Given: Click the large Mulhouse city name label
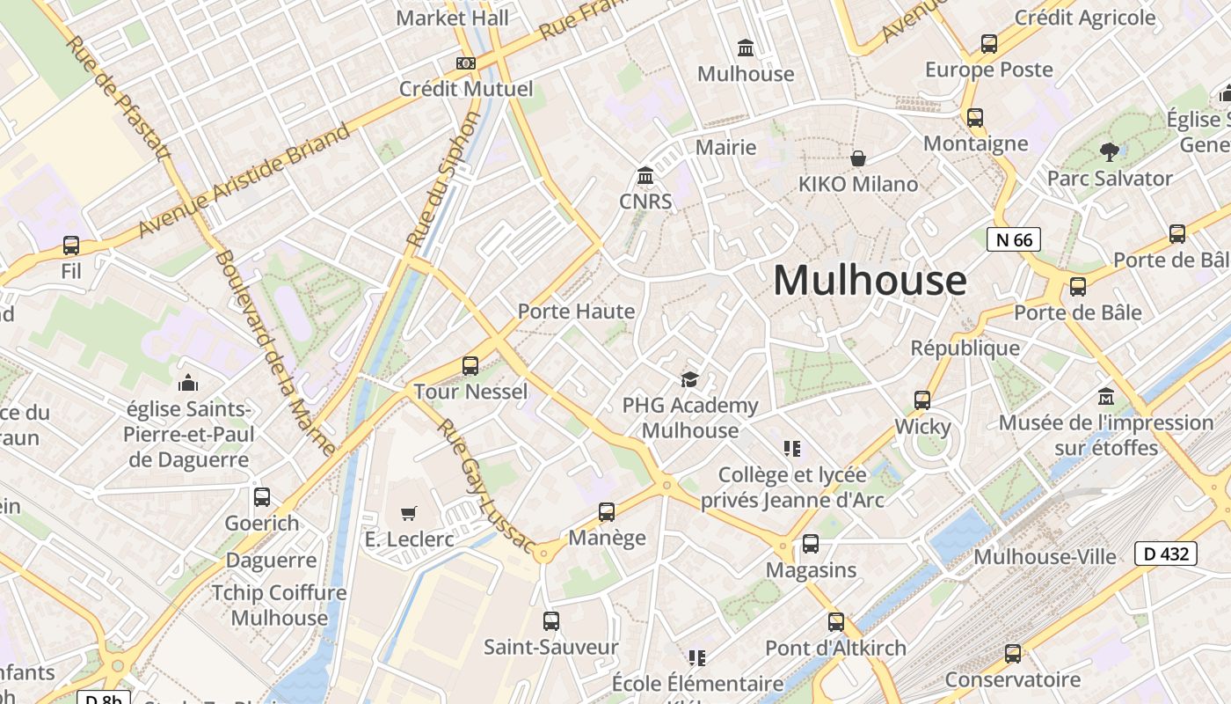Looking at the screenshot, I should [x=870, y=281].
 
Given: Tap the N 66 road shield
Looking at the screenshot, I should [x=1013, y=239].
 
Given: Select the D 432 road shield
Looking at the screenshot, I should [x=1166, y=554].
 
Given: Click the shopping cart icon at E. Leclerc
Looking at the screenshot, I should [x=409, y=512].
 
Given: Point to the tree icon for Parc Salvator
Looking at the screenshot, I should [x=1110, y=151].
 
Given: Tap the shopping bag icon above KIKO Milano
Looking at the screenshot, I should [x=857, y=158].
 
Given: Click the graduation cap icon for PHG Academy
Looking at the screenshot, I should [x=689, y=379].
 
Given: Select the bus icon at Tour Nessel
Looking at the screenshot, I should [x=470, y=365].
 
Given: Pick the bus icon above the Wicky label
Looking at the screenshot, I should [x=922, y=400].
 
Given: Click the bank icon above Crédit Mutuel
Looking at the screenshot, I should [x=466, y=63].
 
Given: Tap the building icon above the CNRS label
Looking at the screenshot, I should [x=645, y=176].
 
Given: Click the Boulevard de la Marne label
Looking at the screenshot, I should [x=275, y=352].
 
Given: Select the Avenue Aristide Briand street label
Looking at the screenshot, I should [x=244, y=180].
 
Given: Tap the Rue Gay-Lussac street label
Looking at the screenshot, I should [x=484, y=488].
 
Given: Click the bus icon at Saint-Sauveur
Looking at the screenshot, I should [x=551, y=621].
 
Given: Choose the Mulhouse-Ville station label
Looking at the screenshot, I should [x=1045, y=557].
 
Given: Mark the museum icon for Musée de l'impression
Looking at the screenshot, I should [x=1106, y=397].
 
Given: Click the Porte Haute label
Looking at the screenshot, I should [x=576, y=312].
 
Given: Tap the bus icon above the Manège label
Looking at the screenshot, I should [x=607, y=512].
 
